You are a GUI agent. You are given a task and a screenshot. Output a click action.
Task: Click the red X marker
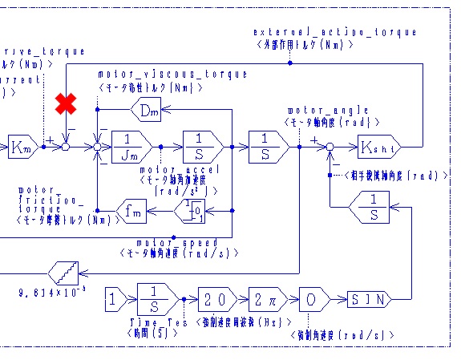pyautogui.click(x=66, y=104)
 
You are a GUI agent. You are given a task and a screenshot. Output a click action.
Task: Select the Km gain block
pyautogui.click(x=22, y=148)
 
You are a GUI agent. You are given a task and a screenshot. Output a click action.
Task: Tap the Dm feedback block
pyautogui.click(x=146, y=111)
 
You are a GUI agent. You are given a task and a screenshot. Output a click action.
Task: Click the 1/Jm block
pyautogui.click(x=131, y=147)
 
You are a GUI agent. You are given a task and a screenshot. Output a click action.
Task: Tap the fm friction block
pyautogui.click(x=134, y=210)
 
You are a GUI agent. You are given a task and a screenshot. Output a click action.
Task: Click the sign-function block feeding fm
pyautogui.click(x=190, y=210)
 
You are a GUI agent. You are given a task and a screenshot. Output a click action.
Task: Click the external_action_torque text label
pyautogui.click(x=335, y=32)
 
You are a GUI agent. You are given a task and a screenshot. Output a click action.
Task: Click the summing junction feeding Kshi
pyautogui.click(x=330, y=147)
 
